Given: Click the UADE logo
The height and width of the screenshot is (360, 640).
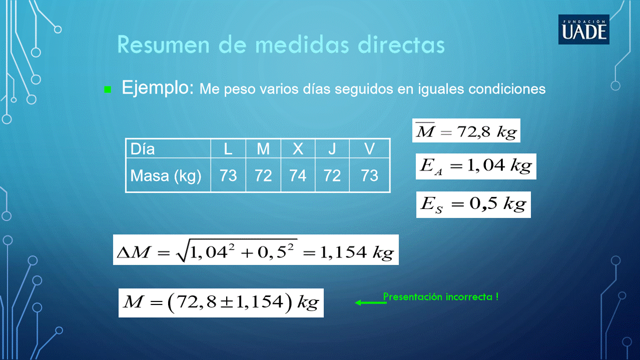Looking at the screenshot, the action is pos(584,29).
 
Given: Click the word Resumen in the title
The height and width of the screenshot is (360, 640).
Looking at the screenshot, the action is pos(164,45).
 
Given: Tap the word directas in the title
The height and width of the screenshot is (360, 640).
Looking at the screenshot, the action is pos(401,45).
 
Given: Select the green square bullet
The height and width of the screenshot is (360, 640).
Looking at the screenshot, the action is pos(108,89).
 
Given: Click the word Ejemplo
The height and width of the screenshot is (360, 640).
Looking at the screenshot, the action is pos(158,88).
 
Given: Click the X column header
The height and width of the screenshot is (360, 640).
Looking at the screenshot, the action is pos(298,148).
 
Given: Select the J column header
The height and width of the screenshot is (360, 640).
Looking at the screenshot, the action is pos(332,148).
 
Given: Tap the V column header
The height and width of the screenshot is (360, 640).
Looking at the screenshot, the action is pos(369,148).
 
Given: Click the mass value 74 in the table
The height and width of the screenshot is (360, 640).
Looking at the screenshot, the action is pos(298,175).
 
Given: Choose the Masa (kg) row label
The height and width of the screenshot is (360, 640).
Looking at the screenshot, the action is pos(166,176).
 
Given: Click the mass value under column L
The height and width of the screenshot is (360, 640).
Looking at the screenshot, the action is pos(228,175).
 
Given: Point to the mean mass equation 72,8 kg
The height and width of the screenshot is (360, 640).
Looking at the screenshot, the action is pos(466,130).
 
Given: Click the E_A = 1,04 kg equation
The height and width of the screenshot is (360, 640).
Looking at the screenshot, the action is pos(476,166).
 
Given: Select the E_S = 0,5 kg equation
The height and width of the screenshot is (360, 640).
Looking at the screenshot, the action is pos(473,204).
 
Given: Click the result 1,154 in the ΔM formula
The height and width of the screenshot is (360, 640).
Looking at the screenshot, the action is pos(343,252).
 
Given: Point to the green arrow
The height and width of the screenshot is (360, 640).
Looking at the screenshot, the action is pos(371,302).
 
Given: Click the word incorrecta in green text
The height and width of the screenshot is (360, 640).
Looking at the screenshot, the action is pos(469,297).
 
